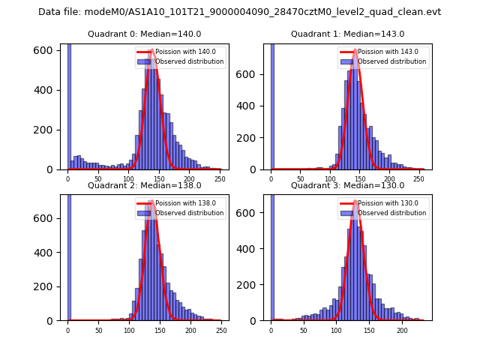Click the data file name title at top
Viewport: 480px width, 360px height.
(x=239, y=12)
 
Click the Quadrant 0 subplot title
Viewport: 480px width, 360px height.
(x=144, y=34)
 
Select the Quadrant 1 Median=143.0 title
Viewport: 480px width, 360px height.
(x=347, y=34)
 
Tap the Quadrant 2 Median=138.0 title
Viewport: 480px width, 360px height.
(x=144, y=185)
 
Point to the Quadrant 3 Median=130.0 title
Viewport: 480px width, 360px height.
(x=347, y=185)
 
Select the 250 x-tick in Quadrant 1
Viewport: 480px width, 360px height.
(x=418, y=179)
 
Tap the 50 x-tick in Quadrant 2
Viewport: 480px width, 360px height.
(x=98, y=330)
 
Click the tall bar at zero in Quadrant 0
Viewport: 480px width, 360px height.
(x=68, y=105)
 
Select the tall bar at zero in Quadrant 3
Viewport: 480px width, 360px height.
(x=271, y=255)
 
